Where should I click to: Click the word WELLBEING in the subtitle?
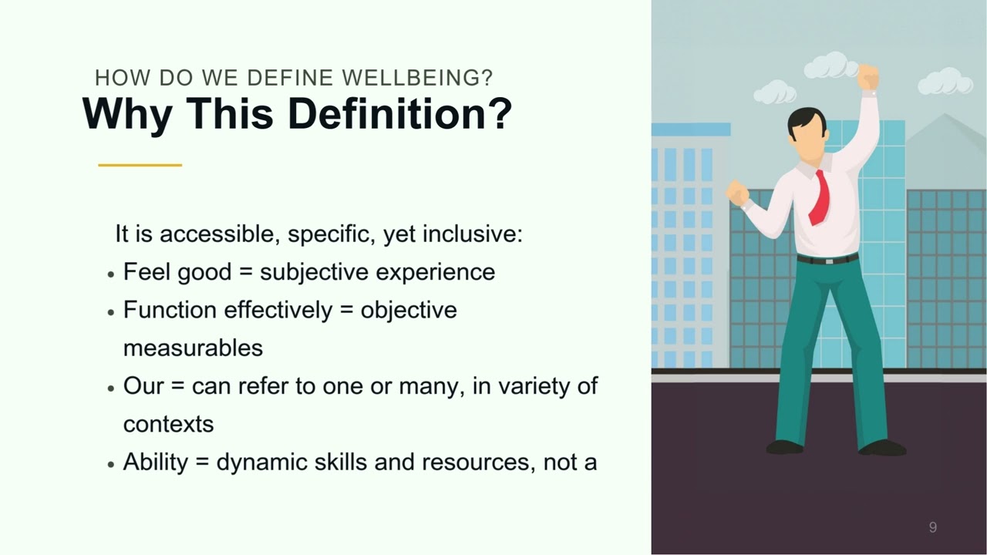tap(416, 78)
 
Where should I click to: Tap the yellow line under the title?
tap(140, 165)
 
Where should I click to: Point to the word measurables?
tap(193, 348)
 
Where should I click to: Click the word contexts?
tap(168, 424)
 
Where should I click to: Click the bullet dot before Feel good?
tap(111, 274)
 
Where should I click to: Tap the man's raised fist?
tap(867, 77)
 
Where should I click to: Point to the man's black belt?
tap(827, 259)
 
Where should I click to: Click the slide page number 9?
tap(933, 527)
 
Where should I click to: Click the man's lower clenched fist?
tap(737, 193)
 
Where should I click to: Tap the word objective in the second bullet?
tap(409, 310)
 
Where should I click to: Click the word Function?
tap(170, 310)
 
